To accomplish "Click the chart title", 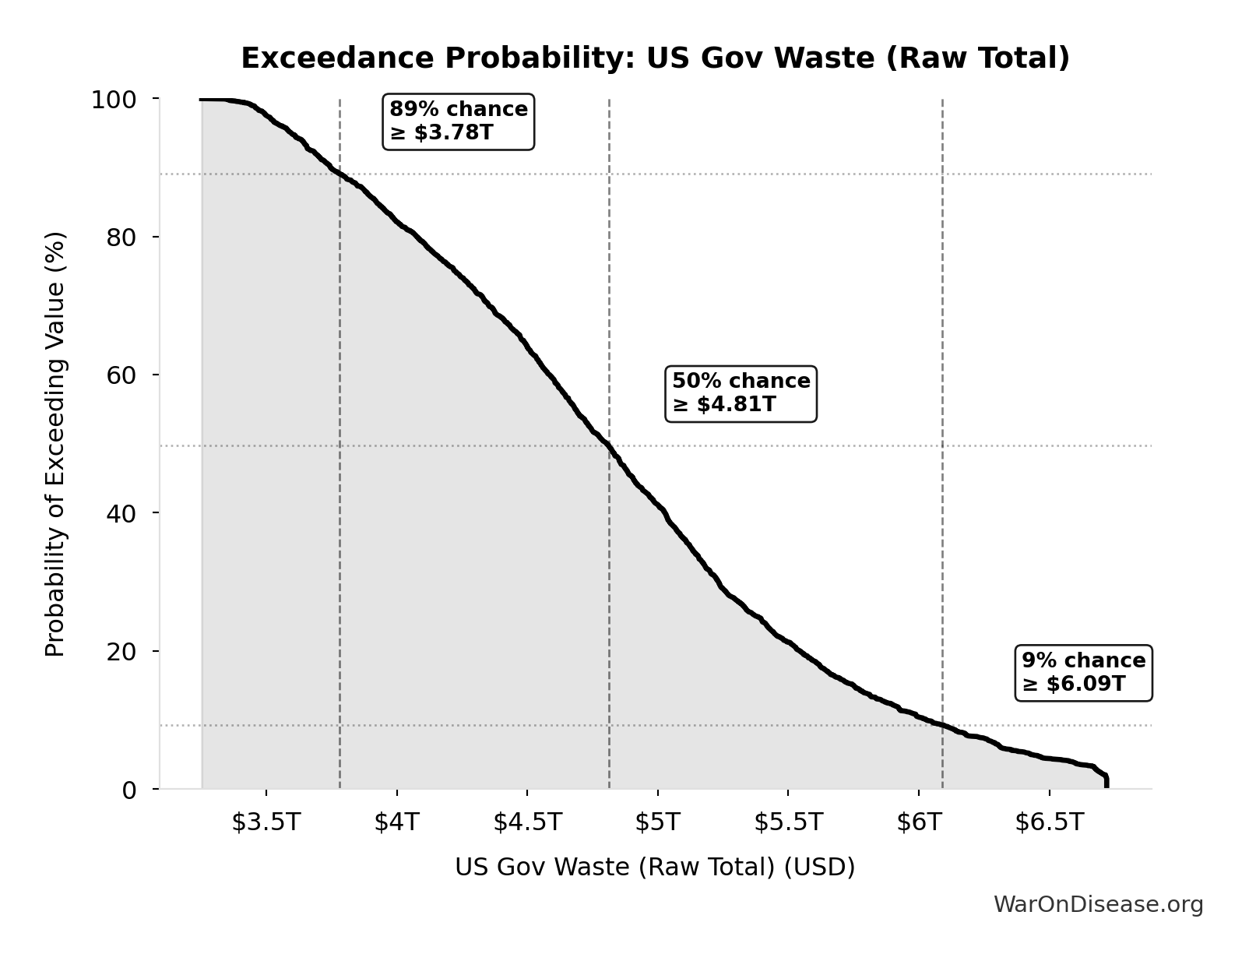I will (x=655, y=58).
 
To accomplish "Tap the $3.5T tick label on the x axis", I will (x=266, y=822).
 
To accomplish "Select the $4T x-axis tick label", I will (x=396, y=822).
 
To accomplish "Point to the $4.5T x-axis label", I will (x=527, y=822).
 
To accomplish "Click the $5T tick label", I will (x=657, y=822).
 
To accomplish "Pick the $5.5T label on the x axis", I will (x=788, y=822).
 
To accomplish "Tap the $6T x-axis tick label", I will (x=919, y=822).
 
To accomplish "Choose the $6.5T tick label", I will (x=1049, y=822).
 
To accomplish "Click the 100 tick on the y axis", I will (x=114, y=100).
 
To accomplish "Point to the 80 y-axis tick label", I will (x=121, y=238).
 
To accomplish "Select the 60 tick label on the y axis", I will (x=121, y=375).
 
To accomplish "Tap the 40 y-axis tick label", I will (x=121, y=513).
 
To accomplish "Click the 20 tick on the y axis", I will (x=121, y=651).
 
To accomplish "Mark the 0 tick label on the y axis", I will (x=129, y=790).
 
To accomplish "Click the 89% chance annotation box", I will (x=459, y=121).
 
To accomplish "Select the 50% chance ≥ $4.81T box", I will (x=741, y=393).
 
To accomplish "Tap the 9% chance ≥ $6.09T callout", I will (x=1083, y=673).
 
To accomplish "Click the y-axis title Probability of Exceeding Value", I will (x=55, y=444).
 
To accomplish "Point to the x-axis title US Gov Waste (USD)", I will (x=655, y=867).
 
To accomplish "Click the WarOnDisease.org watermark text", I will (x=1098, y=905).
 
